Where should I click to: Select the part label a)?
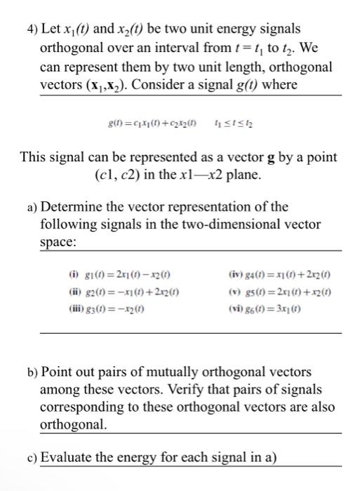pyautogui.click(x=32, y=207)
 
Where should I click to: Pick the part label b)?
pyautogui.click(x=32, y=372)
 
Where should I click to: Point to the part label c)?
pyautogui.click(x=32, y=458)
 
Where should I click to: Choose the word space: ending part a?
pyautogui.click(x=60, y=241)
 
